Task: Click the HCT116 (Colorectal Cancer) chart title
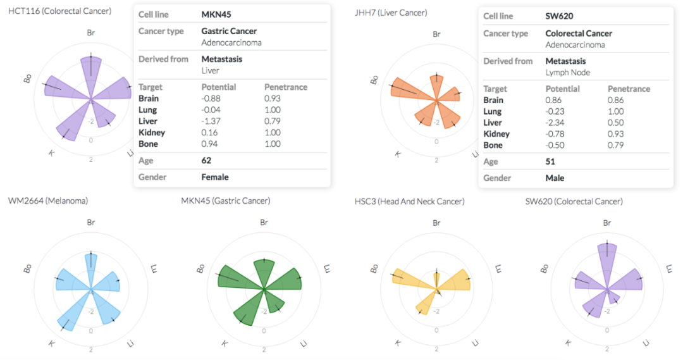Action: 59,11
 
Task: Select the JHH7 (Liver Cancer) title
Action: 391,13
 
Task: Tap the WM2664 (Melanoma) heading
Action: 48,201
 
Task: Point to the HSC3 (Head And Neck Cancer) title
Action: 409,201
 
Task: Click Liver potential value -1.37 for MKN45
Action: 211,121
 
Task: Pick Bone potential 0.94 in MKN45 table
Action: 209,144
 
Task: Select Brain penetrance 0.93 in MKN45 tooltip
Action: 272,99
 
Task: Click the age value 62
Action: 206,161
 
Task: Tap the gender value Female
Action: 215,177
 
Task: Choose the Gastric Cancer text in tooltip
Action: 229,31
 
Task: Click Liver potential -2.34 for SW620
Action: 555,123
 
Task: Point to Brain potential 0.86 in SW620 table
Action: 553,100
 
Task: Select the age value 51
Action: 550,162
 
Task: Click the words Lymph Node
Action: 567,72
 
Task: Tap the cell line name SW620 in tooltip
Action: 559,16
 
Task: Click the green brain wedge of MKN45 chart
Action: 264,273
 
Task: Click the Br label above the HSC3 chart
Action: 436,223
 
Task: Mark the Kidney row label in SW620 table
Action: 496,133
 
